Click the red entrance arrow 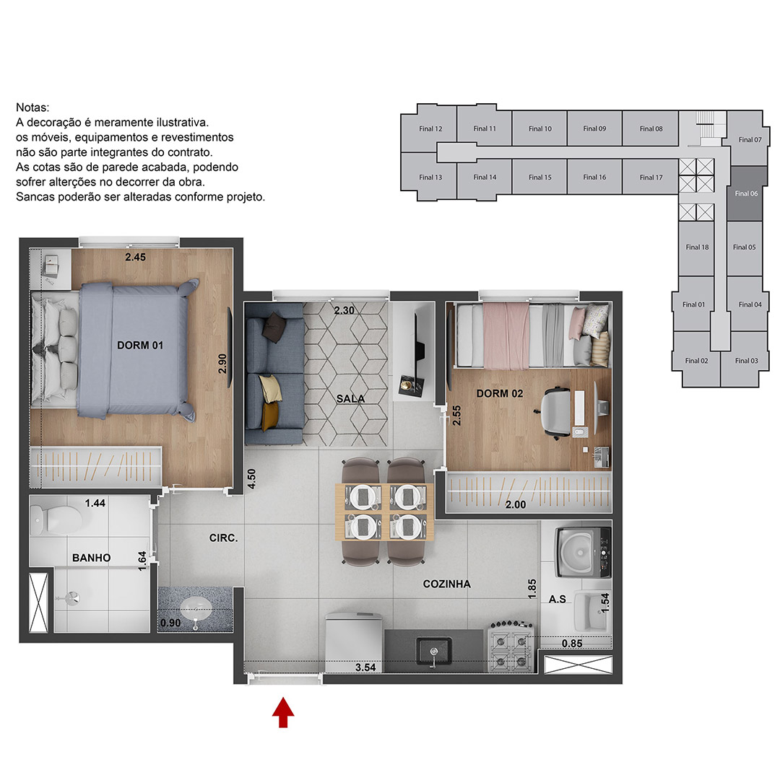[282, 712]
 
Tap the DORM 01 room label [140, 345]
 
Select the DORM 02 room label [499, 393]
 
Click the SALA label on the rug [350, 398]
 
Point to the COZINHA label [446, 584]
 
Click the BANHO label [91, 558]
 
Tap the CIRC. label [223, 538]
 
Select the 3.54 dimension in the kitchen [365, 667]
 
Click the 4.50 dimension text [251, 478]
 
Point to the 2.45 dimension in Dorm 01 [135, 257]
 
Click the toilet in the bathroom [56, 519]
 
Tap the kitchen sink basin [433, 651]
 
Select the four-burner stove [512, 647]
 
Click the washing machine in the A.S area [584, 552]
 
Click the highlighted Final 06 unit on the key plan [745, 193]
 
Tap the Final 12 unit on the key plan [430, 128]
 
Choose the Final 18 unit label [697, 247]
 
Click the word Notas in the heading [32, 108]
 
